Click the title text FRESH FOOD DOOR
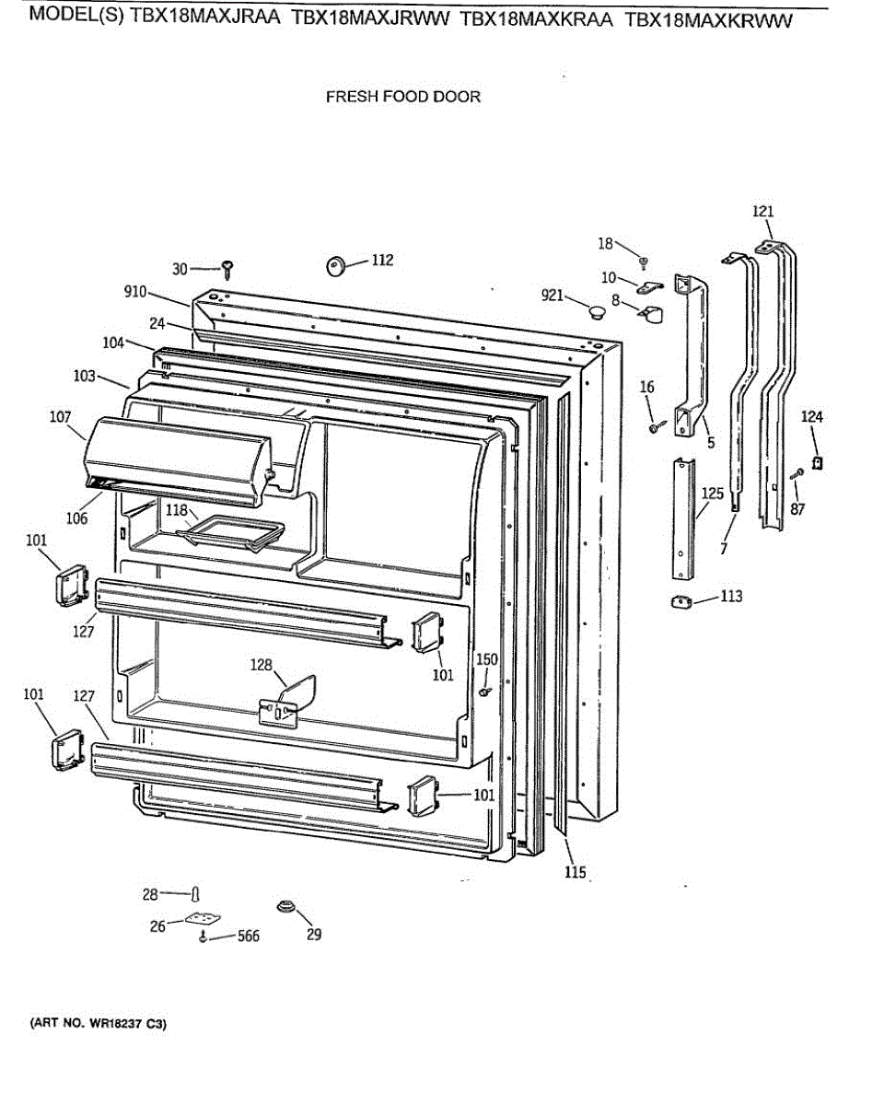pyautogui.click(x=403, y=96)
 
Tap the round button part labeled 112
pyautogui.click(x=335, y=266)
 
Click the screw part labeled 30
pyautogui.click(x=227, y=269)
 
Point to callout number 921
pyautogui.click(x=552, y=295)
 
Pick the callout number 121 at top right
pyautogui.click(x=763, y=212)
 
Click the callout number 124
pyautogui.click(x=812, y=417)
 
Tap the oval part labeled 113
pyautogui.click(x=681, y=602)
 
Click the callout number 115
pyautogui.click(x=576, y=872)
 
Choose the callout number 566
pyautogui.click(x=247, y=936)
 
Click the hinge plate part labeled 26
pyautogui.click(x=204, y=920)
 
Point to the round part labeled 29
pyautogui.click(x=285, y=907)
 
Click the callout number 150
pyautogui.click(x=487, y=659)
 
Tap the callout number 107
pyautogui.click(x=61, y=417)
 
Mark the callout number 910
pyautogui.click(x=135, y=292)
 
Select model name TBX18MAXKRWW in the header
pyautogui.click(x=708, y=20)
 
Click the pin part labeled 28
pyautogui.click(x=194, y=893)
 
